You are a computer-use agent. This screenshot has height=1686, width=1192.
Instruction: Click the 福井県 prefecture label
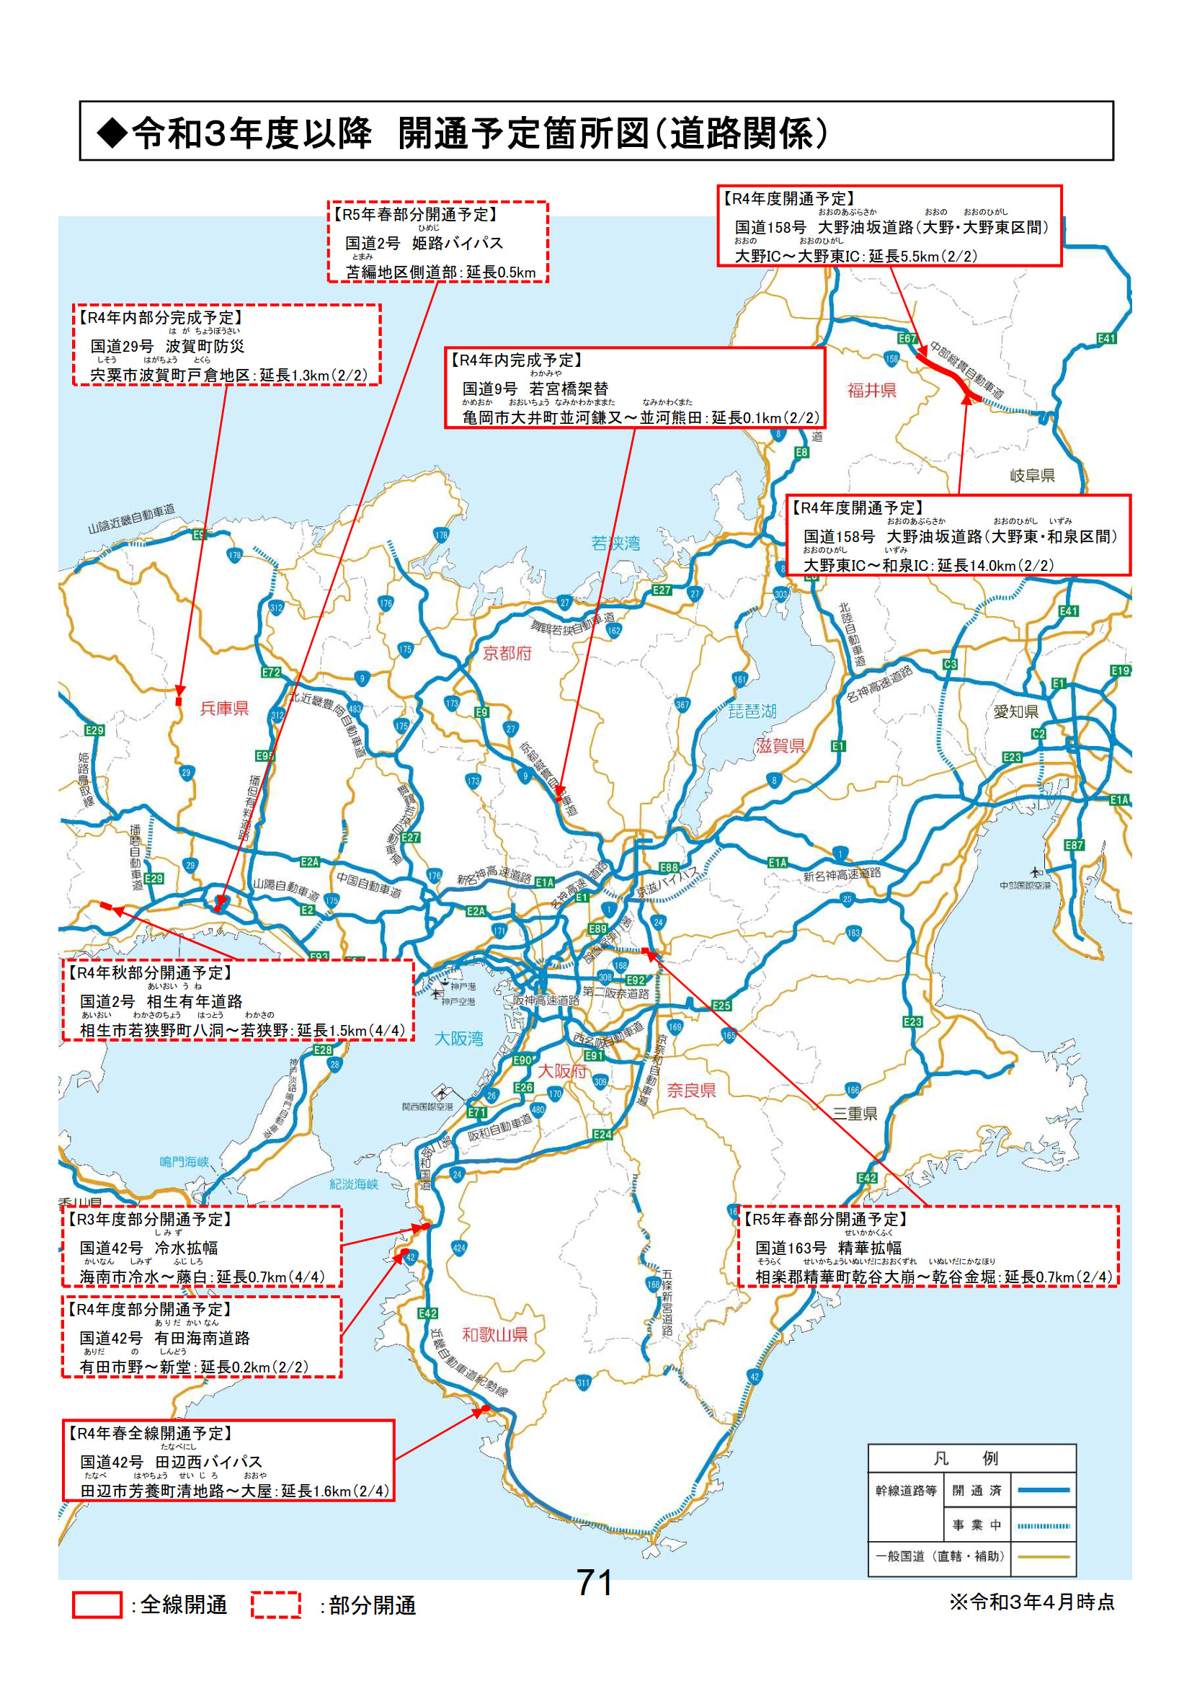pyautogui.click(x=871, y=391)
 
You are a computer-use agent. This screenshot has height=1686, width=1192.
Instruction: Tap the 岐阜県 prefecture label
pyautogui.click(x=1032, y=476)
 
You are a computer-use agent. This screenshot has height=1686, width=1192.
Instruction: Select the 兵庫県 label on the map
pyautogui.click(x=225, y=708)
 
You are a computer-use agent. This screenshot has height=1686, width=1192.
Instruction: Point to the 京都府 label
pyautogui.click(x=507, y=653)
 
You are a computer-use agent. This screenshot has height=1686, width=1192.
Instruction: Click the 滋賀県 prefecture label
pyautogui.click(x=780, y=746)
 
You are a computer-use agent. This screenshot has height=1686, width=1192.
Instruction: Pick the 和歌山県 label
pyautogui.click(x=494, y=1334)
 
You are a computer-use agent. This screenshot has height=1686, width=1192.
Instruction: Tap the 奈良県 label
pyautogui.click(x=690, y=1091)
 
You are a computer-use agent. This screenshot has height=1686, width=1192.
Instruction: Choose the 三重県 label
pyautogui.click(x=855, y=1113)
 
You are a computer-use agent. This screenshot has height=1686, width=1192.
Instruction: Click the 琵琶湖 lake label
pyautogui.click(x=752, y=711)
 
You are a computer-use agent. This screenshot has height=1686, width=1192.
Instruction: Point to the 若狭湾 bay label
pyautogui.click(x=615, y=543)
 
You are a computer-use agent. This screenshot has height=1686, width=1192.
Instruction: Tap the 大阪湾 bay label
pyautogui.click(x=459, y=1038)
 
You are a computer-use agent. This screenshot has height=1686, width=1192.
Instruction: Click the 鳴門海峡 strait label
pyautogui.click(x=184, y=1162)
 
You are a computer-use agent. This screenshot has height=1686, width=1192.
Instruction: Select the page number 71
pyautogui.click(x=594, y=1582)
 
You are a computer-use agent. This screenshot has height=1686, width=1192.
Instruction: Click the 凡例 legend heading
pyautogui.click(x=970, y=1458)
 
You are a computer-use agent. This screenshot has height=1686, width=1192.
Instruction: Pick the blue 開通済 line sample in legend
pyautogui.click(x=1043, y=1491)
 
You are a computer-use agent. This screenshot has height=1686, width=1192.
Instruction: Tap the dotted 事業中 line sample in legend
pyautogui.click(x=1043, y=1525)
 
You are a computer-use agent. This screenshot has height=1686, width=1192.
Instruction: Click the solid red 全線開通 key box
pyautogui.click(x=97, y=1605)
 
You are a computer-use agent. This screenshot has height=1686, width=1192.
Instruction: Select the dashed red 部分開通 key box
pyautogui.click(x=276, y=1605)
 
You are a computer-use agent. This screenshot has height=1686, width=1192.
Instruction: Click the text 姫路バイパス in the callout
pyautogui.click(x=458, y=243)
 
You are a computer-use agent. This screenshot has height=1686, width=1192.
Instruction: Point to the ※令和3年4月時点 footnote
pyautogui.click(x=1032, y=1602)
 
